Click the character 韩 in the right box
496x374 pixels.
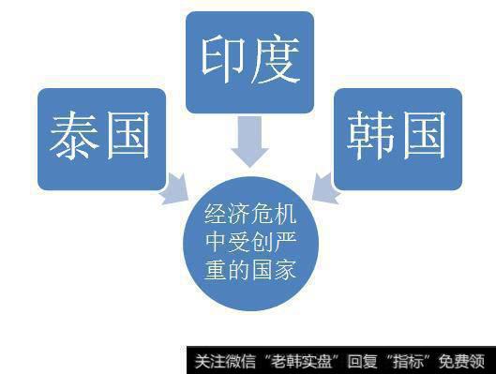point(373,137)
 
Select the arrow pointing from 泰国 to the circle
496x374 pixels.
point(173,190)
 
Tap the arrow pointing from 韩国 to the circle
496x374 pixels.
point(324,189)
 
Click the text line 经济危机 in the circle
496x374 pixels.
point(249,217)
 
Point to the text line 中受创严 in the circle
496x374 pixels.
point(249,244)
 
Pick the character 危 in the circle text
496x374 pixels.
point(261,217)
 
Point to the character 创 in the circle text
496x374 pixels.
point(261,244)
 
